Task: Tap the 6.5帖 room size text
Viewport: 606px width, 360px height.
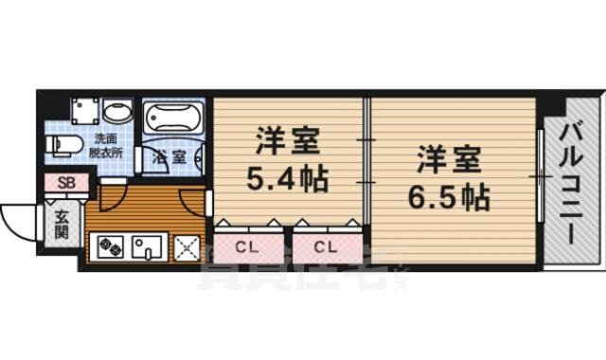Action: [451, 196]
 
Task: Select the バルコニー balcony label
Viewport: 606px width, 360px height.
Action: [570, 184]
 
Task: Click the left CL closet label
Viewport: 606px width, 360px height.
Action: [246, 248]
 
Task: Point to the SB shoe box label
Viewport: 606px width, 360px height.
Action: [66, 184]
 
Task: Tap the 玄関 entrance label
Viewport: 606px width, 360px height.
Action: [61, 224]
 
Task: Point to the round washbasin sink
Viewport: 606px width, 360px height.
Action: [118, 113]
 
